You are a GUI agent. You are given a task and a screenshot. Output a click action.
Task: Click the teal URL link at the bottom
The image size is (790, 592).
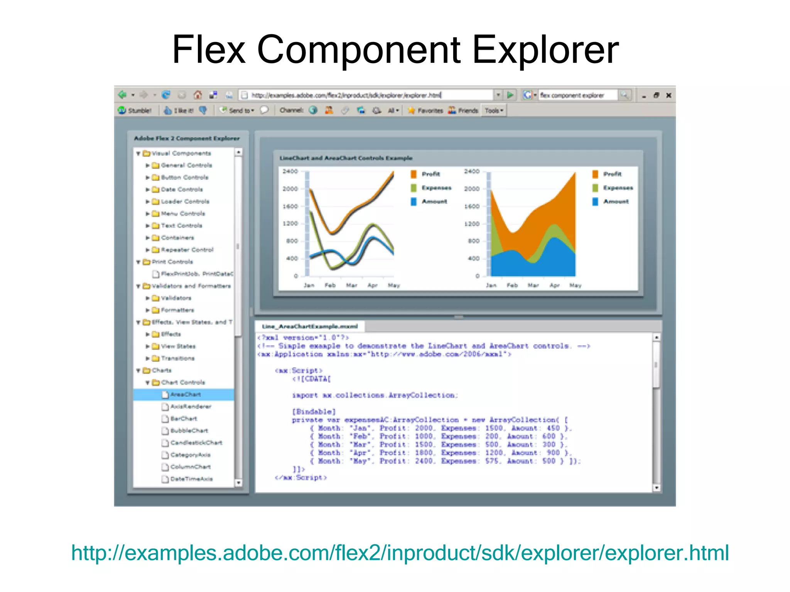coord(400,553)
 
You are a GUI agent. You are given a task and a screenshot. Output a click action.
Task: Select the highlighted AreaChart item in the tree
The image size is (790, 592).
coord(186,394)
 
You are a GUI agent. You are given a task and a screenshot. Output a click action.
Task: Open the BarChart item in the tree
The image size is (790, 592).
coord(184,419)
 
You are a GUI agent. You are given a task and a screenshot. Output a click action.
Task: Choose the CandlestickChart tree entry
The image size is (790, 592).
coord(196,442)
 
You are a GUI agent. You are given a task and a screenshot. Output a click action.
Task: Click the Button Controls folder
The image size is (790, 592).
coord(184,177)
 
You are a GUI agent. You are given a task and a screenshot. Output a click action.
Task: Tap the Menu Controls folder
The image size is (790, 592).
coord(183,214)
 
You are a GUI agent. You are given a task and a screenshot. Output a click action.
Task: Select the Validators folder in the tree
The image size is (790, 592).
coord(176,298)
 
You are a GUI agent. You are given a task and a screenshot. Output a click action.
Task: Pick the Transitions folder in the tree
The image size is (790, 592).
coord(177,358)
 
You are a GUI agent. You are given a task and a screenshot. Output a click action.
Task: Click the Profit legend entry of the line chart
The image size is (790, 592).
coord(430,174)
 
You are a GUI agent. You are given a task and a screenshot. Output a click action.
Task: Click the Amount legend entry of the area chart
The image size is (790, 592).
coord(616,201)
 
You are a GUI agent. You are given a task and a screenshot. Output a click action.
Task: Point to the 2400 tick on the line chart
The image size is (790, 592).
coord(290,171)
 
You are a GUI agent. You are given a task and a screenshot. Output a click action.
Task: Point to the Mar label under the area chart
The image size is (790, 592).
coord(533,286)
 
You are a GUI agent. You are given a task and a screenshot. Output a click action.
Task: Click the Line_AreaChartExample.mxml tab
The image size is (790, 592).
coord(310,326)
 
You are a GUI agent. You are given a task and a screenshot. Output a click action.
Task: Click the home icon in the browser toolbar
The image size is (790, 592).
coord(198,95)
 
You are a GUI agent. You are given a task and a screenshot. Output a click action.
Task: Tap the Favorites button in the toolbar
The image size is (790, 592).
coord(426,111)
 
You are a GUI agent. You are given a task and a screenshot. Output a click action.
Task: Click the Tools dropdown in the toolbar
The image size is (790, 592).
coord(494,111)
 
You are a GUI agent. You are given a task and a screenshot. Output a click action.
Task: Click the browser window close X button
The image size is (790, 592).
coord(668,95)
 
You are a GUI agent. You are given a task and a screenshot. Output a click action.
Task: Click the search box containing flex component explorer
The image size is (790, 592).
coord(577,95)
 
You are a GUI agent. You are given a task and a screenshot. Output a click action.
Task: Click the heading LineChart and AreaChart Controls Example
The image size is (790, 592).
coord(346,158)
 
